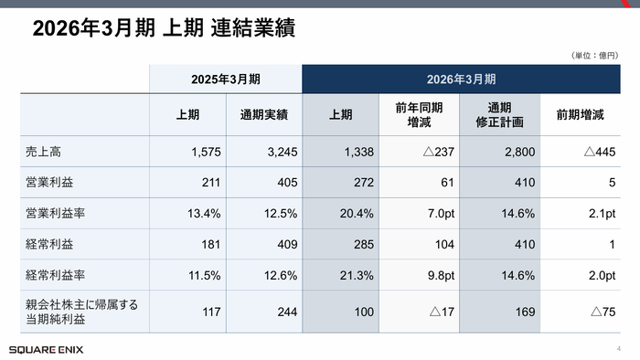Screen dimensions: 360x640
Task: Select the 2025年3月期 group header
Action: click(225, 79)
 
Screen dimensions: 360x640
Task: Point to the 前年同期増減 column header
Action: click(419, 115)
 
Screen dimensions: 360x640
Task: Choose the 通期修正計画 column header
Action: click(500, 115)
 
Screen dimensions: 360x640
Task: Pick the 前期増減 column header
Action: click(580, 115)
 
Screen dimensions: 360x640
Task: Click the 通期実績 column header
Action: click(264, 115)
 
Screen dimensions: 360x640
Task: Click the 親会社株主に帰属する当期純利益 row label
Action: click(82, 313)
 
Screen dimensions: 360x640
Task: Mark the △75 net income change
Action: click(603, 313)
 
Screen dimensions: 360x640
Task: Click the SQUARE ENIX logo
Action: click(43, 349)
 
